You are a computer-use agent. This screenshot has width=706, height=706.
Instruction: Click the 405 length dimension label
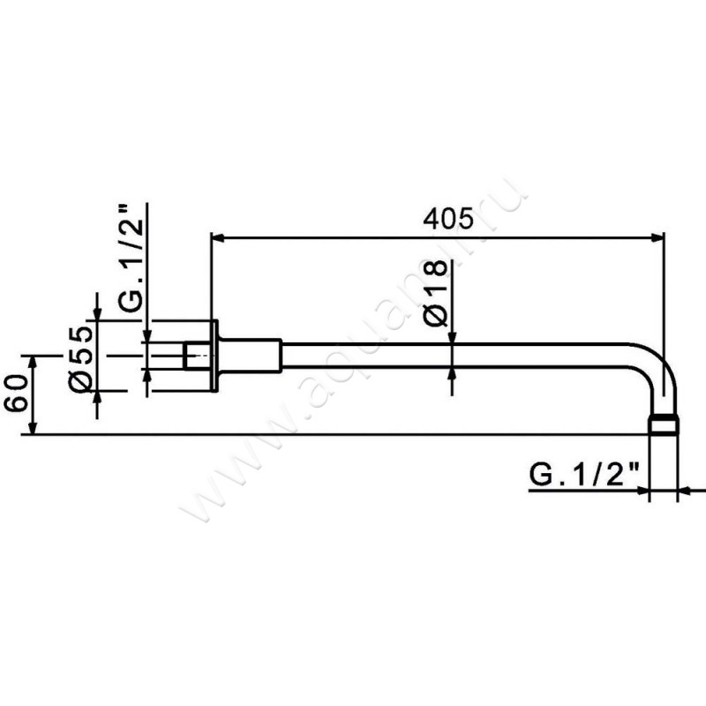448,219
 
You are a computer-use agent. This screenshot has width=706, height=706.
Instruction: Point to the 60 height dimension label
17,393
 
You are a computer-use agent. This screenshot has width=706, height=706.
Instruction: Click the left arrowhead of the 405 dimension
218,237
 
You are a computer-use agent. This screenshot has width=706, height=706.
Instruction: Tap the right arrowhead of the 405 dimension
657,237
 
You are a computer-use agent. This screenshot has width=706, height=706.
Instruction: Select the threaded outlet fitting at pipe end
663,426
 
